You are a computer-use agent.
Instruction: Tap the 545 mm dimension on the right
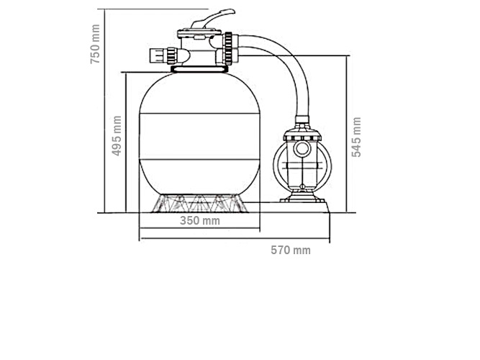click(x=357, y=136)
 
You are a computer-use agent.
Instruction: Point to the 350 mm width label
click(x=199, y=221)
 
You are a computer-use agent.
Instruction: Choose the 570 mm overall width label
click(x=290, y=251)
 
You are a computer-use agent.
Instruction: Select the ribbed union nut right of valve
click(x=229, y=48)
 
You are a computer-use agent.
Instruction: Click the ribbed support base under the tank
click(x=199, y=203)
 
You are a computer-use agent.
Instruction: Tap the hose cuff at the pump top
click(x=302, y=122)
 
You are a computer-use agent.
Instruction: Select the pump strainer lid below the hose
click(x=302, y=136)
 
